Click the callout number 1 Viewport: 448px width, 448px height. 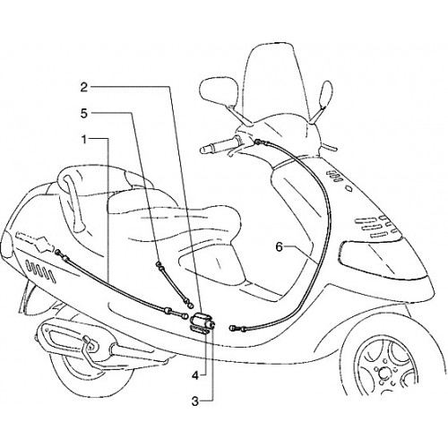coord(85,139)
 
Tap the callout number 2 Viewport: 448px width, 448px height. coord(84,87)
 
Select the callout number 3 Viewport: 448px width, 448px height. coord(195,401)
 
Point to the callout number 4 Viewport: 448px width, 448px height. coord(195,375)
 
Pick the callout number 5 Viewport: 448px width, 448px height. coord(84,113)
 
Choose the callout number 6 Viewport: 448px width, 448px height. coord(279,247)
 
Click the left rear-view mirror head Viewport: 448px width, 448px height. coord(219,90)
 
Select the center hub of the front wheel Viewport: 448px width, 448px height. coord(383,374)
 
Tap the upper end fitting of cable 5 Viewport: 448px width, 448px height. coord(159,264)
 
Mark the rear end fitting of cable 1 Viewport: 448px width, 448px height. coord(58,253)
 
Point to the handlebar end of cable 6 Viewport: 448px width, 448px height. coord(258,142)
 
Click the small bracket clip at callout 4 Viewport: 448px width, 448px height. coord(199,331)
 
